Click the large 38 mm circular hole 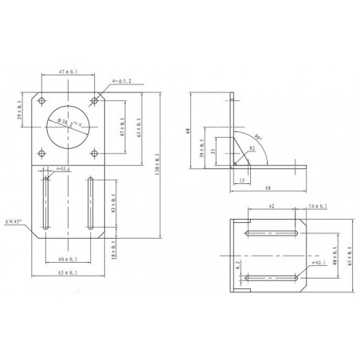(x=67, y=126)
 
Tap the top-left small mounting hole (x=41, y=100)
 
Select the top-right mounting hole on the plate (x=95, y=100)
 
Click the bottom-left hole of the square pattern (x=41, y=151)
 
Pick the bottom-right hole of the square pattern (x=95, y=151)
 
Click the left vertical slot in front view (x=48, y=204)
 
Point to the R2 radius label (x=251, y=148)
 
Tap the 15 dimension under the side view (x=241, y=181)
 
